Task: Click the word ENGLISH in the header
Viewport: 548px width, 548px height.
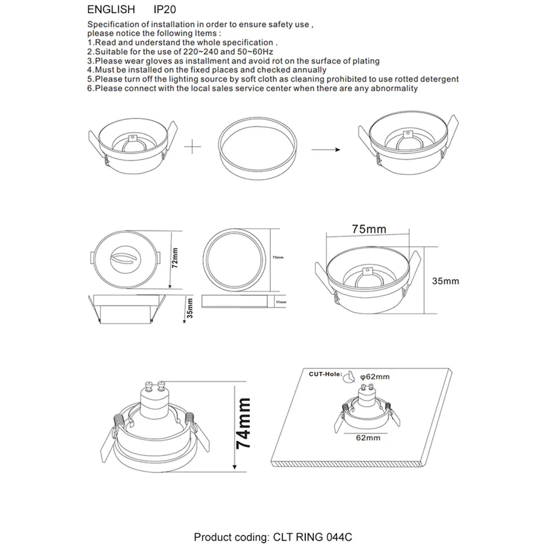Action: coord(111,10)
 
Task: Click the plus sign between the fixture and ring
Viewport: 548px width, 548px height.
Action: coord(191,146)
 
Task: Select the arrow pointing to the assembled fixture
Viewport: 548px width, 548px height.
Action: coord(324,149)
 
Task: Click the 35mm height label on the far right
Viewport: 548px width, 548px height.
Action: coord(446,281)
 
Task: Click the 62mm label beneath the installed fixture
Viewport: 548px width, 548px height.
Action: coord(368,438)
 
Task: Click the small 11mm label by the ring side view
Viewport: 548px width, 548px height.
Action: coord(281,302)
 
